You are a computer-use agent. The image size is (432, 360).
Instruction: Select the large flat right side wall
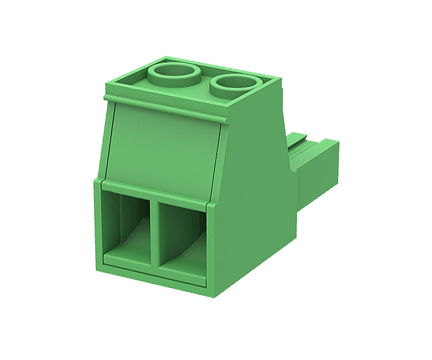(256, 195)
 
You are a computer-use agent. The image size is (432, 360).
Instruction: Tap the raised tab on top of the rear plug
(300, 138)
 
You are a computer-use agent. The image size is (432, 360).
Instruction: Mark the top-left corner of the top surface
(109, 84)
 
